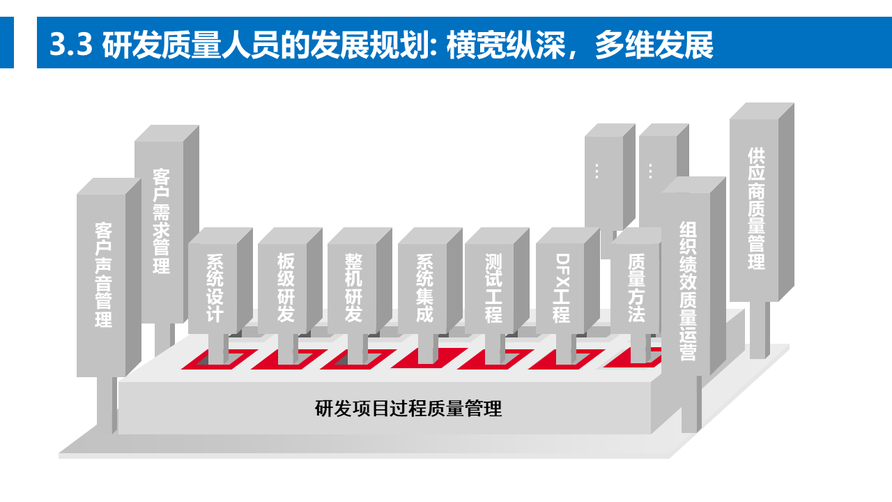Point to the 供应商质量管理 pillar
(755, 208)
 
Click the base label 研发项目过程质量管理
(408, 409)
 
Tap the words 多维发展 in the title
(654, 45)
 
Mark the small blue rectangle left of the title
(7, 43)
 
